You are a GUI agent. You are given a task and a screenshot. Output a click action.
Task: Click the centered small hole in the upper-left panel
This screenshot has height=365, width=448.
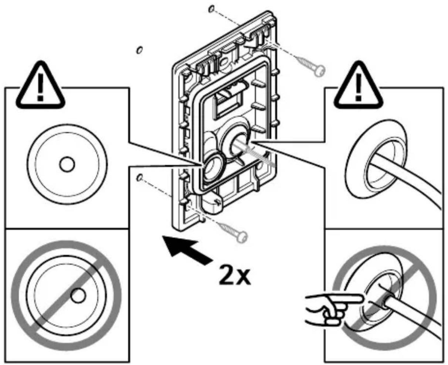(67, 164)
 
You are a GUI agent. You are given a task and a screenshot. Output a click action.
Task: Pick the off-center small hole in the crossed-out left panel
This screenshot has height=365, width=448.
(78, 295)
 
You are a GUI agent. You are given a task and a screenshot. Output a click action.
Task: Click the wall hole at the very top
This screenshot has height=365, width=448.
(211, 9)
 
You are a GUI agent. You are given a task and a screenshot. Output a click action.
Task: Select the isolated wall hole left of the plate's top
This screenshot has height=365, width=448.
(139, 50)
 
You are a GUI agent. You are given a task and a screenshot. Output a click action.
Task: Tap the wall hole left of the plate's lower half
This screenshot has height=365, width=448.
(139, 178)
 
